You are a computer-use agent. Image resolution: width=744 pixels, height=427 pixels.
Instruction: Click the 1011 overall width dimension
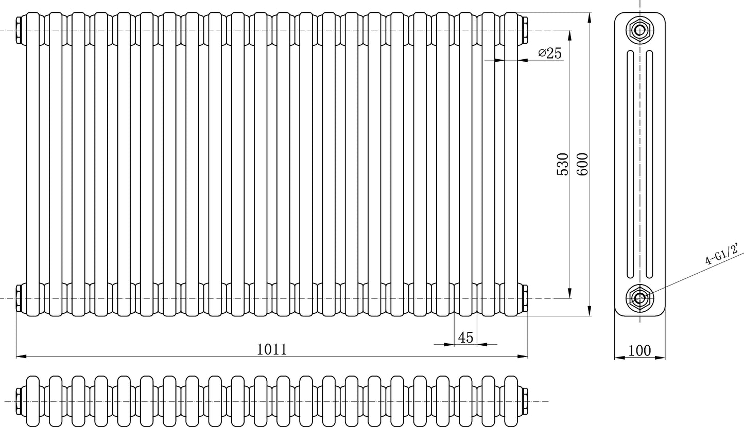click(271, 349)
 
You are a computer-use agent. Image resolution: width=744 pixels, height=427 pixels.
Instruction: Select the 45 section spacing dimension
click(465, 337)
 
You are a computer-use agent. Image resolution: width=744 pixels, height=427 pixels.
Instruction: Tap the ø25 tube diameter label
click(550, 53)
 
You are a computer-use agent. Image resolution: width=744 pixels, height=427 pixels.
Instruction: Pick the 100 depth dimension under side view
click(640, 351)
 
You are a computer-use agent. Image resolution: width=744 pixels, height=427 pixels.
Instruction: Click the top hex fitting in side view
click(639, 30)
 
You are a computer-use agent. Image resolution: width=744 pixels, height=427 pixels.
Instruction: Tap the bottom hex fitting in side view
click(639, 298)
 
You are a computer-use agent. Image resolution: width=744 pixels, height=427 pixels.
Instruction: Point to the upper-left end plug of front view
click(19, 30)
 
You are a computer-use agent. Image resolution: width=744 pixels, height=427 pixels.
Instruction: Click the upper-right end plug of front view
click(525, 30)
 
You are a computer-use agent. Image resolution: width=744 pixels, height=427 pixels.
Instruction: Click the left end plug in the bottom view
click(19, 401)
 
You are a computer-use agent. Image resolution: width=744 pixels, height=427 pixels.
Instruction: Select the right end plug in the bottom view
click(525, 401)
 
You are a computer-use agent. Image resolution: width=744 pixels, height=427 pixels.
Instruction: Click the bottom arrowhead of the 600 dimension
click(589, 312)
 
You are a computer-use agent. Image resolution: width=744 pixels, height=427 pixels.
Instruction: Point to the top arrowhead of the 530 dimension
click(569, 34)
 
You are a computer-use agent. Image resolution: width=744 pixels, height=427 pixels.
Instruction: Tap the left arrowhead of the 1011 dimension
click(20, 356)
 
